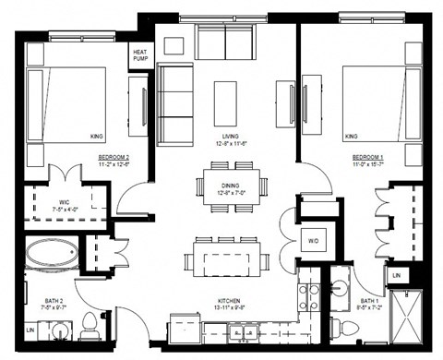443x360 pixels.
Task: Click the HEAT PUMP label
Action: coord(141,56)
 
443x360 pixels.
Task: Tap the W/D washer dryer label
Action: coord(315,242)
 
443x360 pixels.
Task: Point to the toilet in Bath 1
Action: coord(339,324)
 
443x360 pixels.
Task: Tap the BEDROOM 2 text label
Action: coord(114,158)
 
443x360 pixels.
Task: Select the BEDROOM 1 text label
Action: coord(367,159)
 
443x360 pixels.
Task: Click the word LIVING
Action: coord(224,136)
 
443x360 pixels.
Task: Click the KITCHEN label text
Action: coord(230,301)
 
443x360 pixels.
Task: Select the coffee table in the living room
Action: coord(225,96)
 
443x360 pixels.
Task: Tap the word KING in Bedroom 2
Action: coord(97,137)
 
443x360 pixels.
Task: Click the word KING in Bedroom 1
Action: coord(351,137)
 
